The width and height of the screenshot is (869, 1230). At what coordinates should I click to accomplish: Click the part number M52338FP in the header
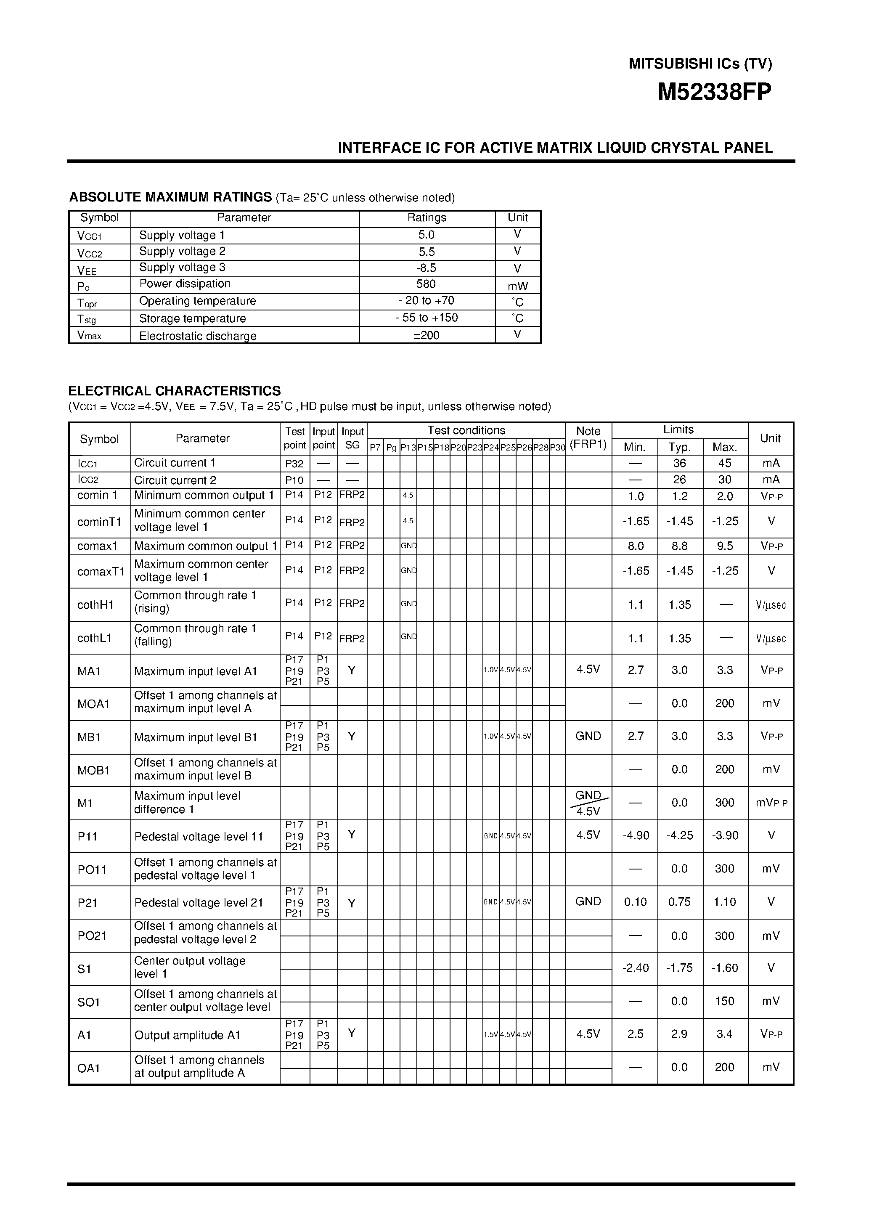pos(714,93)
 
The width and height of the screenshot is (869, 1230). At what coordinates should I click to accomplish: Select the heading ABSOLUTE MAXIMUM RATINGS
pos(170,197)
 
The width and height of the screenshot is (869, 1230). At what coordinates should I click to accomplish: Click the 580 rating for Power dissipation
pos(426,284)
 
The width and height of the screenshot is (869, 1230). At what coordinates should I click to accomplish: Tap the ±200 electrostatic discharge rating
pos(427,335)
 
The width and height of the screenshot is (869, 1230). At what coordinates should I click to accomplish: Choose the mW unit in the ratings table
pos(517,286)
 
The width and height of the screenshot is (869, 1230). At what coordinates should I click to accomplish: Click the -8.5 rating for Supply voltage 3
pos(427,268)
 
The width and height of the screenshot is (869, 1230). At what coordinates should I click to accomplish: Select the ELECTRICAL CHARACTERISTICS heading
pos(174,390)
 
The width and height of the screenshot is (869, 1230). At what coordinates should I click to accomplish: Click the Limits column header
pos(678,429)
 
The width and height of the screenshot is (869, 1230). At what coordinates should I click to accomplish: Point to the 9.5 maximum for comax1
pos(724,546)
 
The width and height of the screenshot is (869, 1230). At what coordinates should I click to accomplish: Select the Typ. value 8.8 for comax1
pos(679,546)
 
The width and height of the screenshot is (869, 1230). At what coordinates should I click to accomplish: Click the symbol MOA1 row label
pos(93,704)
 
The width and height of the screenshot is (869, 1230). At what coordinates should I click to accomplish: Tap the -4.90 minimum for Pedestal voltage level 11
pos(636,835)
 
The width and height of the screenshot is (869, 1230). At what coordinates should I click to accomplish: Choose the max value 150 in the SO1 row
pos(724,1001)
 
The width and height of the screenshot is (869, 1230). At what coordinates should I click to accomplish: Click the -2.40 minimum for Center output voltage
pos(636,968)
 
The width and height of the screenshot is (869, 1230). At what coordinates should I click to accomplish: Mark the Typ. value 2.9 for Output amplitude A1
pos(679,1034)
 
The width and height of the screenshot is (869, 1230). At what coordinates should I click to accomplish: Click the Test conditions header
pos(466,430)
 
